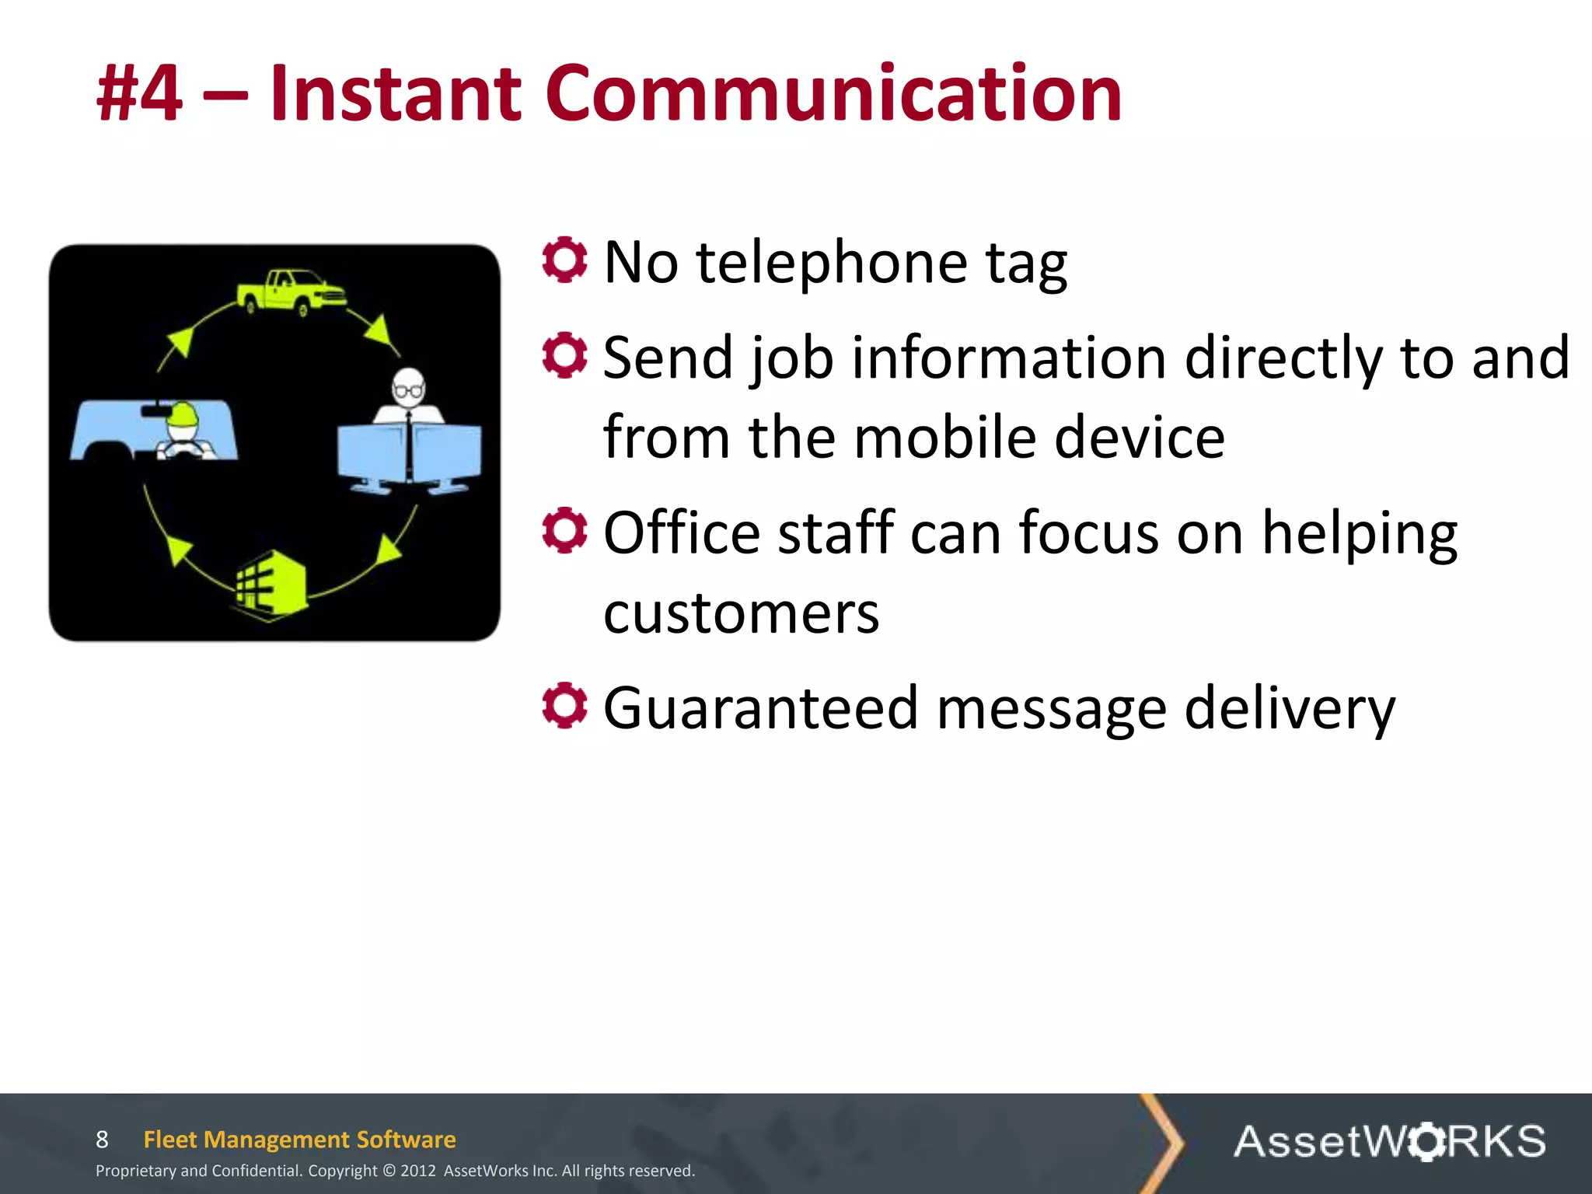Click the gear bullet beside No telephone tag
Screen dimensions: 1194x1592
pyautogui.click(x=564, y=260)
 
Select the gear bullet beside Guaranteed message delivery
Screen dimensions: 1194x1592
pyautogui.click(x=564, y=706)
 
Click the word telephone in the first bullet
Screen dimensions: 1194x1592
pyautogui.click(x=832, y=263)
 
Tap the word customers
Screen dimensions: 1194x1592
pyautogui.click(x=741, y=613)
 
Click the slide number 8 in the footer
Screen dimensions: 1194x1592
pyautogui.click(x=102, y=1140)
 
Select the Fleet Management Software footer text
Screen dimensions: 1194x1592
pyautogui.click(x=299, y=1140)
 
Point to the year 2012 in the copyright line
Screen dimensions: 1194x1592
pyautogui.click(x=418, y=1171)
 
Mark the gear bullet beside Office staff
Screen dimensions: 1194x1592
pyautogui.click(x=564, y=530)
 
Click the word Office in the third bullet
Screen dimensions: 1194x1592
pyautogui.click(x=682, y=533)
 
